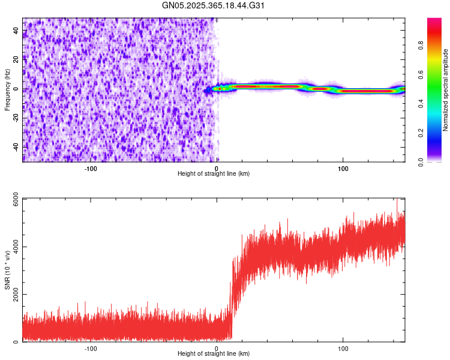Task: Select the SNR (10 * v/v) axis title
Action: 7,270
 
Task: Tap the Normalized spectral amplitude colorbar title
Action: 446,90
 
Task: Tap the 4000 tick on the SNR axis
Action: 12,247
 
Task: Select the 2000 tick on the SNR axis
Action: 12,294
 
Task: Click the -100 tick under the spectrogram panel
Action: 91,169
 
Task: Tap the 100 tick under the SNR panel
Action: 343,349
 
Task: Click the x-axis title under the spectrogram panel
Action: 214,174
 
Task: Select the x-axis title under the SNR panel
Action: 214,354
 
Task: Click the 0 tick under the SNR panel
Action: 217,349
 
